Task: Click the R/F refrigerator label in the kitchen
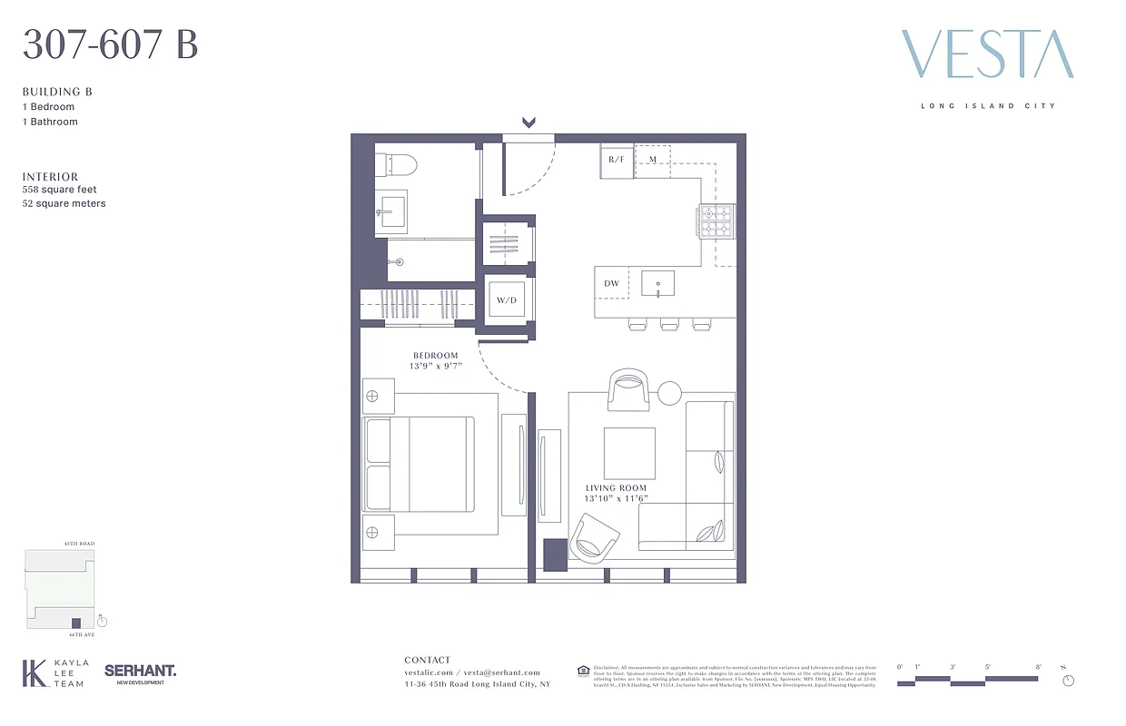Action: point(617,160)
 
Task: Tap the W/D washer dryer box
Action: point(507,299)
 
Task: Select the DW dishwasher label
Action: point(612,284)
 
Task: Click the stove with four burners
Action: point(716,221)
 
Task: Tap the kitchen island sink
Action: point(657,283)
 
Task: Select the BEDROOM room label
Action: point(436,356)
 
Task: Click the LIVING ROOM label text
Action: point(616,488)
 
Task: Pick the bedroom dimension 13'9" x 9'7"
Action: point(436,368)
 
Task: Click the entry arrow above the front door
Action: point(529,123)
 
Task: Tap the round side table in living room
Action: point(669,393)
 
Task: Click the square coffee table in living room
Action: point(629,453)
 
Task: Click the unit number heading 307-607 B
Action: point(110,44)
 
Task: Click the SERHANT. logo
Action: point(140,671)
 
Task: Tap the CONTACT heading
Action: point(427,660)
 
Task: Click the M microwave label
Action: point(652,160)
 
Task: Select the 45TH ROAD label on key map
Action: point(79,544)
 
